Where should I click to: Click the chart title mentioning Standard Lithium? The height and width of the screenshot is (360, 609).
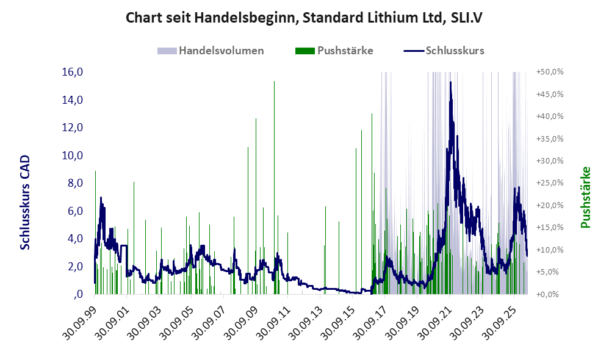[x=304, y=18]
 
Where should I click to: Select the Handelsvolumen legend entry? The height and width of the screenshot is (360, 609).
[x=211, y=51]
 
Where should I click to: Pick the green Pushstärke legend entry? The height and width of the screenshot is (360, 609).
[x=334, y=51]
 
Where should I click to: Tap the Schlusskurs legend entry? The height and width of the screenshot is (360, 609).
[x=444, y=51]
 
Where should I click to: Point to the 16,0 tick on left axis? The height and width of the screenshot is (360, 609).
[x=73, y=72]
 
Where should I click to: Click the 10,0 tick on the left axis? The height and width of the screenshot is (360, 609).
[x=73, y=156]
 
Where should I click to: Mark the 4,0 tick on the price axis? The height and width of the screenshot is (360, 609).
[x=75, y=239]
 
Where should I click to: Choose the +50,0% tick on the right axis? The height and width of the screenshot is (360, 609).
[x=550, y=72]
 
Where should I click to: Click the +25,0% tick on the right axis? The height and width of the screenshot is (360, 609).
[x=550, y=183]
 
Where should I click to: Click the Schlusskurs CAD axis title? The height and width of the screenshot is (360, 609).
[x=25, y=203]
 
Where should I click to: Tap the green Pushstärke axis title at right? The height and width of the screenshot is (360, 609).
[x=585, y=197]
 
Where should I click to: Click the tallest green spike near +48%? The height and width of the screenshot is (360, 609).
[x=274, y=187]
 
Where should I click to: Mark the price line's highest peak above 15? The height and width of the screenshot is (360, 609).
[x=450, y=82]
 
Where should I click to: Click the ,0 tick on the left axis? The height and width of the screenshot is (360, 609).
[x=78, y=294]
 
